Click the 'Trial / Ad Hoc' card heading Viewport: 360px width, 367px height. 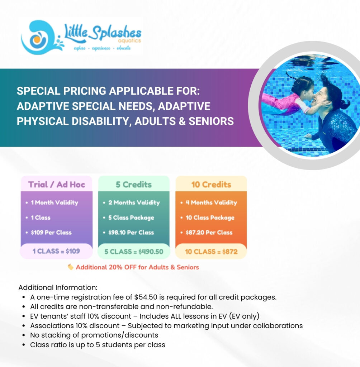pyautogui.click(x=56, y=185)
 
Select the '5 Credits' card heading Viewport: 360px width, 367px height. pyautogui.click(x=134, y=185)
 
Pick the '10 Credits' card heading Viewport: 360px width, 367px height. pyautogui.click(x=211, y=185)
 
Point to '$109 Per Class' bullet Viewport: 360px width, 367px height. pyautogui.click(x=51, y=232)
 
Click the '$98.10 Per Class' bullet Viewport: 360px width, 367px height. pyautogui.click(x=131, y=232)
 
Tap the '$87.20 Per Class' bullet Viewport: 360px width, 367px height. pyautogui.click(x=209, y=232)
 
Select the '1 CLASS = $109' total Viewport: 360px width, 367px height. pyautogui.click(x=56, y=251)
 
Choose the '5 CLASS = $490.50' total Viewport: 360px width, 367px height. pyautogui.click(x=134, y=252)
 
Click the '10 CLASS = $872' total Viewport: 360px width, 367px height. pyautogui.click(x=211, y=252)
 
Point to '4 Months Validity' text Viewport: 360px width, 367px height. pyautogui.click(x=212, y=202)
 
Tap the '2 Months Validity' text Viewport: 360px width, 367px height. pyautogui.click(x=134, y=202)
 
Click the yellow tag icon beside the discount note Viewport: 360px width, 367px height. pyautogui.click(x=70, y=267)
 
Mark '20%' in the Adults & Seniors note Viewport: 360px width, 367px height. pyautogui.click(x=115, y=267)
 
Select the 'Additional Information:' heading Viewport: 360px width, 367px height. pyautogui.click(x=58, y=287)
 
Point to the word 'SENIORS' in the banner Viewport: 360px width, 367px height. pyautogui.click(x=211, y=121)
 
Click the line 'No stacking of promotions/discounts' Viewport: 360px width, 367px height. pyautogui.click(x=94, y=335)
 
